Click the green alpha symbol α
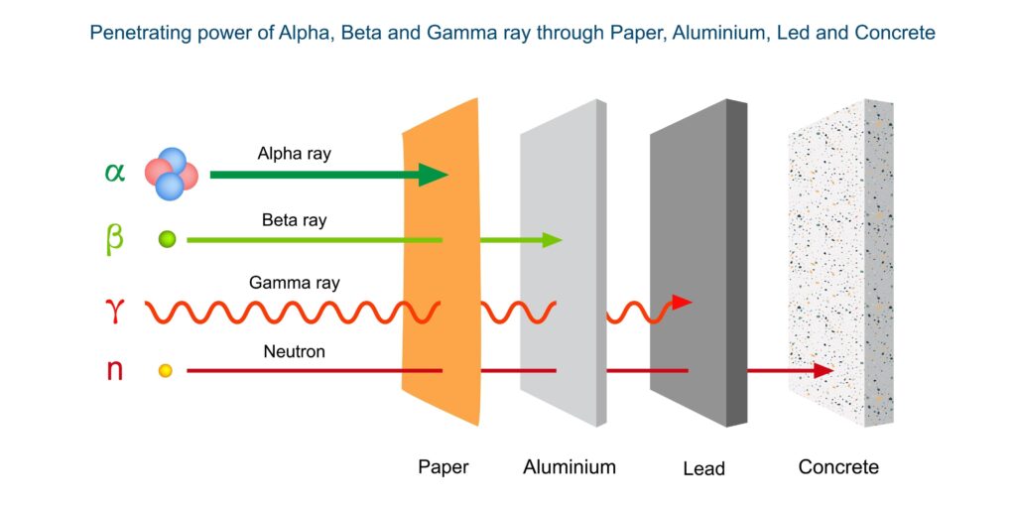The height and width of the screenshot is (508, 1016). click(x=115, y=173)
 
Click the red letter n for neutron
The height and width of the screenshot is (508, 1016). click(x=115, y=370)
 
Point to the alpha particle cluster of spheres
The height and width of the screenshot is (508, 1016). click(x=171, y=174)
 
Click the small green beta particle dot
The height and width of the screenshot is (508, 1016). click(x=168, y=239)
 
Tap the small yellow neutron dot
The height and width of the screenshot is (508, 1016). click(x=166, y=370)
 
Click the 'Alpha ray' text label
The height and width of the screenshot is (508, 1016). click(x=294, y=154)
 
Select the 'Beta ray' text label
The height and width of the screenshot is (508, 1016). click(x=294, y=220)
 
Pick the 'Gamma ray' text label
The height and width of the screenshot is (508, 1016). click(x=294, y=283)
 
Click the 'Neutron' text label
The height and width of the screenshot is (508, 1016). click(x=294, y=351)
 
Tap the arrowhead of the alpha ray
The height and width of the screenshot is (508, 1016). click(x=433, y=175)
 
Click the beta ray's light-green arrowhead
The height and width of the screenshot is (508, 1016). click(x=552, y=239)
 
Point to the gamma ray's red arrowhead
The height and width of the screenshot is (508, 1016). click(x=682, y=302)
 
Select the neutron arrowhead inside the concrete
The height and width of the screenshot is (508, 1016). click(x=823, y=370)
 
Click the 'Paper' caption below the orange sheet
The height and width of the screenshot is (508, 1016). click(x=443, y=467)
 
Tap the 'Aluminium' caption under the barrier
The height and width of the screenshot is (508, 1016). click(x=570, y=467)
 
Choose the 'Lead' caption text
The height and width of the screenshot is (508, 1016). click(x=703, y=468)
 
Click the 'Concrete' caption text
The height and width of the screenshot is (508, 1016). click(x=838, y=467)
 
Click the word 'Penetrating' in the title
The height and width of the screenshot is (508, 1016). click(x=136, y=34)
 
